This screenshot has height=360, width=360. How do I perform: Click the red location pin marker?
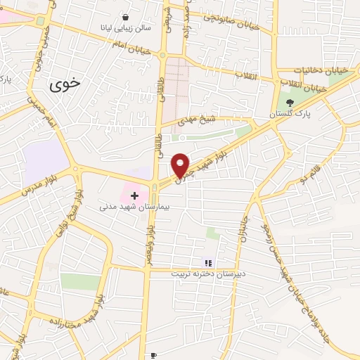click(181, 166)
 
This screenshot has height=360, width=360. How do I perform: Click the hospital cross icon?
click(134, 194)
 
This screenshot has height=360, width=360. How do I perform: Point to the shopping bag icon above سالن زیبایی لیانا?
click(125, 17)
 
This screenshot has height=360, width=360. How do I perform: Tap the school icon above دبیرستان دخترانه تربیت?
click(207, 263)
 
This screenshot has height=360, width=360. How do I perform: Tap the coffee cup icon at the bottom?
click(153, 356)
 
